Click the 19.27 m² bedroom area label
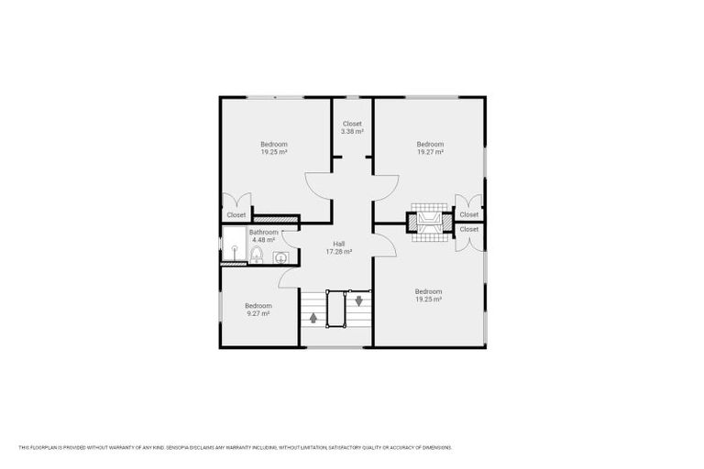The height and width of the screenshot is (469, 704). click(x=430, y=148)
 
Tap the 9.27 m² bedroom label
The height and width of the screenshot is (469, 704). click(x=258, y=310)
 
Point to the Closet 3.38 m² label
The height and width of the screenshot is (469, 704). click(x=352, y=127)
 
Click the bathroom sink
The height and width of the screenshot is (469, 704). click(x=279, y=257)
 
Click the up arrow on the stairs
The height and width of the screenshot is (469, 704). click(x=313, y=318)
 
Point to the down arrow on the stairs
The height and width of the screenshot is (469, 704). click(x=358, y=299)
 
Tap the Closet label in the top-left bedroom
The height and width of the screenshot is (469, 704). click(x=236, y=215)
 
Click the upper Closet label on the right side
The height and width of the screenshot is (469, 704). click(x=468, y=214)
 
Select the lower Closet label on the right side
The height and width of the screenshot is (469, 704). click(x=468, y=229)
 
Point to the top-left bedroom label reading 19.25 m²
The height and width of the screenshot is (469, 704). click(x=273, y=148)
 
